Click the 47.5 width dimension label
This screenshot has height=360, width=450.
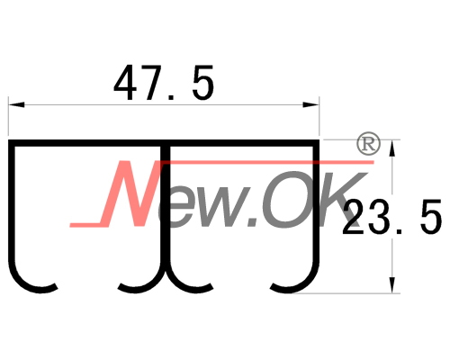[164, 83]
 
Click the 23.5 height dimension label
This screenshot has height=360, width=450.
[391, 217]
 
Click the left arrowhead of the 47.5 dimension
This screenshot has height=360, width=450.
[16, 104]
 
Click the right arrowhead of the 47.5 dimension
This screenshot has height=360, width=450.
[310, 104]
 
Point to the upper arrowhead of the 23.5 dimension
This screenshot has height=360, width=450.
[391, 148]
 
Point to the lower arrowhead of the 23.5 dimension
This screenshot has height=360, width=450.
[391, 285]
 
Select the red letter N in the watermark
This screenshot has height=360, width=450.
[129, 193]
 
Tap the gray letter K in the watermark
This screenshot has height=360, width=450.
[337, 199]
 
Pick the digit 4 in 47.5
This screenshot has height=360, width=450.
[125, 83]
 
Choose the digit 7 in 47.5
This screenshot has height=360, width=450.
[156, 83]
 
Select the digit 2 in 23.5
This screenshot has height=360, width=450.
[355, 217]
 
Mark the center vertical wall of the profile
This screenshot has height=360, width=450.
[164, 207]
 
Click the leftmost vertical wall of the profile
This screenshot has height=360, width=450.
[12, 204]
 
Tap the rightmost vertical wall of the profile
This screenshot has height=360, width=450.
[316, 204]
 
